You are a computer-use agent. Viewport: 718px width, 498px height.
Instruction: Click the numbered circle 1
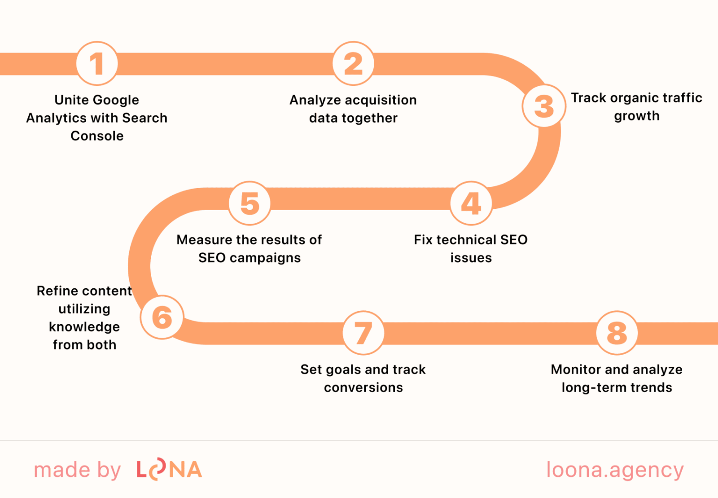coord(97,63)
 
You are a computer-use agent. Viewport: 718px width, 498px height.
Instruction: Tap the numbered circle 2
coord(354,63)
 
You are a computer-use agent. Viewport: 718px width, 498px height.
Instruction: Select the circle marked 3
coord(544,106)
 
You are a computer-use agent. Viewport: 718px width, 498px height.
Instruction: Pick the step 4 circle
coord(471,203)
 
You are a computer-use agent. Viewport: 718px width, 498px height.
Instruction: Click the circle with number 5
coord(250,203)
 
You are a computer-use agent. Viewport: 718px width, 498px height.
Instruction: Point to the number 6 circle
coord(162,317)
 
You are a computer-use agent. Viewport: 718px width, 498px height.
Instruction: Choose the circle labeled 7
coord(363,333)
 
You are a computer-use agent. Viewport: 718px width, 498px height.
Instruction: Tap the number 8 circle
coord(617,333)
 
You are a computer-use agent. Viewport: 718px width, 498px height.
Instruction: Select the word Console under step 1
coord(97,136)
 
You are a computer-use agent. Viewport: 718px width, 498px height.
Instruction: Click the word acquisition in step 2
coord(381,100)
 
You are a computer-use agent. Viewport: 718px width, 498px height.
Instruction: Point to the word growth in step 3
coord(637,116)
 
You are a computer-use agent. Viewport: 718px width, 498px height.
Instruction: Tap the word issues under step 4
coord(471,258)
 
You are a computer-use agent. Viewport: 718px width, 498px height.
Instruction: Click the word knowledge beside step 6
coord(84,327)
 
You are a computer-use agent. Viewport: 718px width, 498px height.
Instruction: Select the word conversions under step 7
coord(363,388)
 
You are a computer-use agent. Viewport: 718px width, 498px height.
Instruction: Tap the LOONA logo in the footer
coord(169,470)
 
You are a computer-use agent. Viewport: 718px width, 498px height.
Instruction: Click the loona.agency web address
coord(615,470)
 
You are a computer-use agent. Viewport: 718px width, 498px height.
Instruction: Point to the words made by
coord(77,470)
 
